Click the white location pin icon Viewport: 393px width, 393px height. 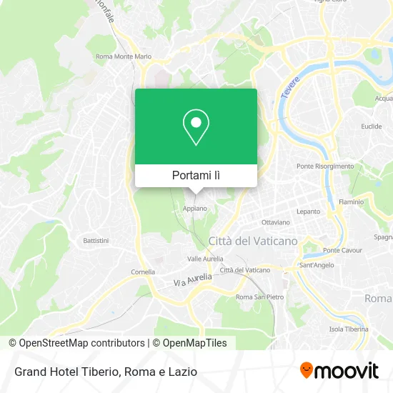(x=196, y=127)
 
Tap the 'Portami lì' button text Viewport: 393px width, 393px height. (x=196, y=175)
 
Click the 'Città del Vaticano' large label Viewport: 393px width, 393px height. (x=253, y=241)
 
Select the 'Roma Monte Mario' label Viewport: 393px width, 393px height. (x=124, y=56)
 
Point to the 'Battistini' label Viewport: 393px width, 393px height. (x=96, y=240)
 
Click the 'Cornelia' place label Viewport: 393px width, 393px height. (x=143, y=272)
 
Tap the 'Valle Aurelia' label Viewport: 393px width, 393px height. (x=205, y=259)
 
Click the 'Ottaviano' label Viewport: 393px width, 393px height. (x=275, y=222)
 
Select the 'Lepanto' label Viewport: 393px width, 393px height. (x=309, y=212)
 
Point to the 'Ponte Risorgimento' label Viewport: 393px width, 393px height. (x=325, y=166)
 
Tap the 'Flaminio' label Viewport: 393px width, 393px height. (x=351, y=202)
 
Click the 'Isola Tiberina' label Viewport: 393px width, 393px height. (x=349, y=329)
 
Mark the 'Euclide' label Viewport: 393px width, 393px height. (x=372, y=126)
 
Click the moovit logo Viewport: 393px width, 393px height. (x=339, y=371)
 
